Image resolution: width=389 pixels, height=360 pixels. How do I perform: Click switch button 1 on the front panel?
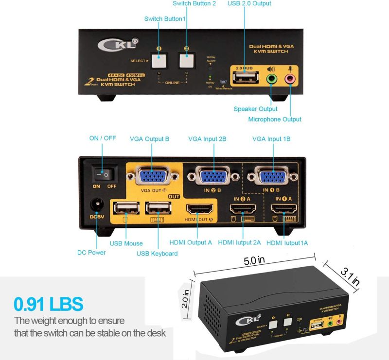coord(158,61)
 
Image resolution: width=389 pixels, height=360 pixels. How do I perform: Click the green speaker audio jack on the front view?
coord(271,78)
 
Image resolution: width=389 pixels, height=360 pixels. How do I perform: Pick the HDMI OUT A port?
coord(200,209)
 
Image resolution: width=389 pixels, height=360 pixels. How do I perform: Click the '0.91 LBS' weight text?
coord(49,305)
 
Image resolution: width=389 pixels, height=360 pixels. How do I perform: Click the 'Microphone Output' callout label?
coord(275,119)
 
